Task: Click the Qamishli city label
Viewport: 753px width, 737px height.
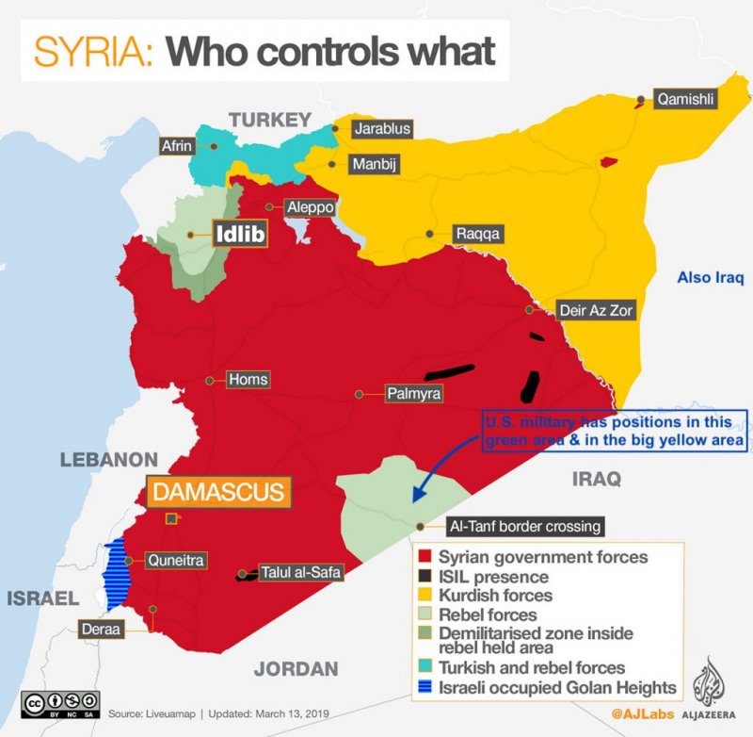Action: click(687, 98)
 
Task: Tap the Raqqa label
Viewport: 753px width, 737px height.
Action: click(478, 233)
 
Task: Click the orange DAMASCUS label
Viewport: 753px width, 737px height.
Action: click(217, 491)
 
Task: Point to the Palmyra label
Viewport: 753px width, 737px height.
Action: click(413, 393)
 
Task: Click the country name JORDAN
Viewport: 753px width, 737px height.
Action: click(296, 669)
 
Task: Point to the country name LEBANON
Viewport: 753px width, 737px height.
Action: click(108, 460)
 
